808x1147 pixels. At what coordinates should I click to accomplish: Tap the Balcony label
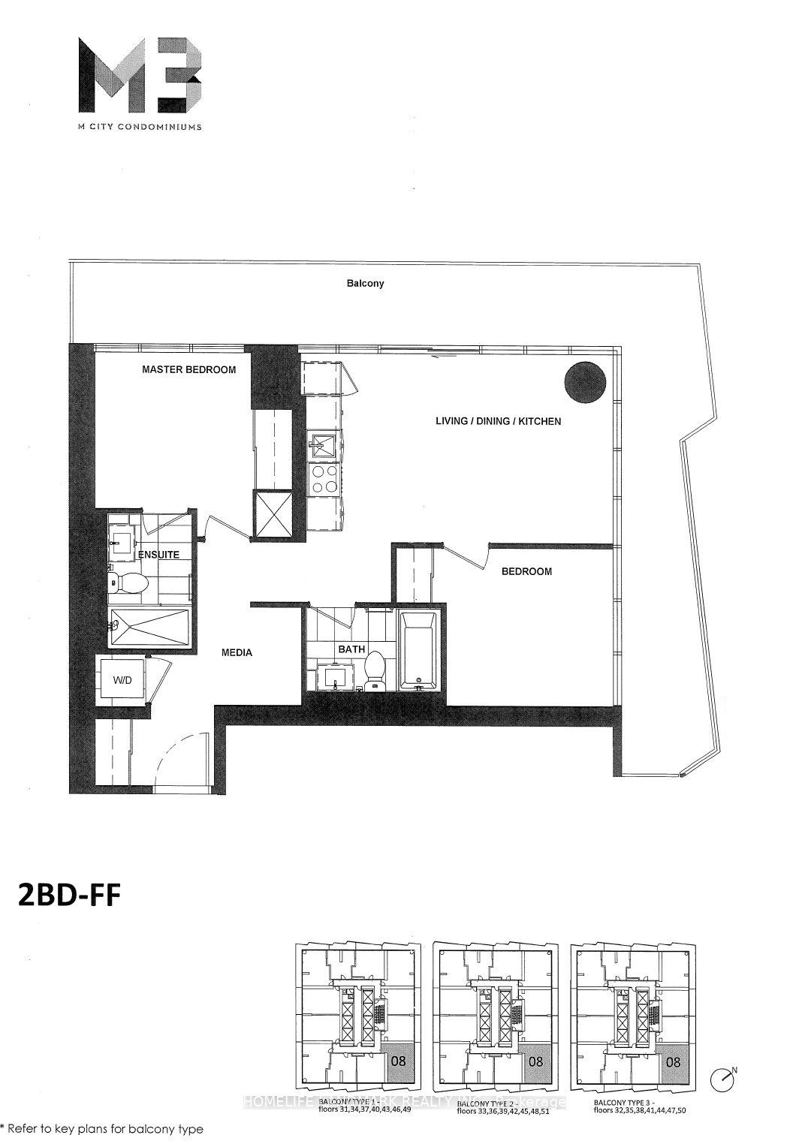(x=365, y=284)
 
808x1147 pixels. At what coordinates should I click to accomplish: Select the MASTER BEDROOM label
(x=189, y=369)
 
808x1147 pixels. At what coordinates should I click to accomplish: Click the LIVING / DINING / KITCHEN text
(x=498, y=421)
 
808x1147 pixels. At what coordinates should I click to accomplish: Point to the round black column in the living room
(x=585, y=381)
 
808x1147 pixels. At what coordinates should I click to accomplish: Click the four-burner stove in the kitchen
(x=324, y=479)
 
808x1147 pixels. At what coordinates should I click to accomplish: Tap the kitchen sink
(x=323, y=445)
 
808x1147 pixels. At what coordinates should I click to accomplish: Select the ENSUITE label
(x=158, y=555)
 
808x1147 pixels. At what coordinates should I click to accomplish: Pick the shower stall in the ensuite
(x=149, y=627)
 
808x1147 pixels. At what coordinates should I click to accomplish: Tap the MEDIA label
(x=237, y=652)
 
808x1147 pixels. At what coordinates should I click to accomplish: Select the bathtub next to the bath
(x=418, y=650)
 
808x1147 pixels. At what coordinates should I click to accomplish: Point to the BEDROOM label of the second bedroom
(x=526, y=571)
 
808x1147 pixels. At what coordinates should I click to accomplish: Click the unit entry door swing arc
(x=177, y=758)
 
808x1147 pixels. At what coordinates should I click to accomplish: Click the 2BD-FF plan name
(x=68, y=896)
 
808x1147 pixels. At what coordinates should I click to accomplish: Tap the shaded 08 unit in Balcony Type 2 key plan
(x=535, y=1062)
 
